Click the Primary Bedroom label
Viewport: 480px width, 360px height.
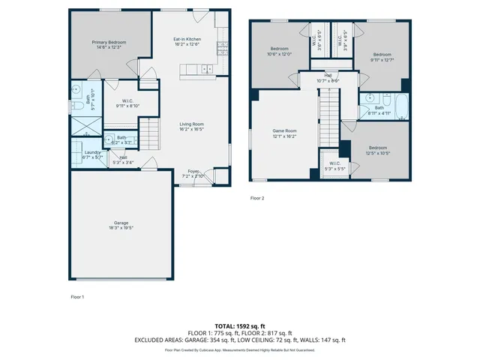[x=109, y=43]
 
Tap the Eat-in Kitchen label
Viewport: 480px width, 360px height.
[x=187, y=39]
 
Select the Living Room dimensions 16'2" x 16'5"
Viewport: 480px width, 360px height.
[x=191, y=129]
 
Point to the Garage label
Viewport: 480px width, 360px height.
[x=121, y=223]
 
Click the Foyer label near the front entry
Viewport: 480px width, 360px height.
[x=193, y=171]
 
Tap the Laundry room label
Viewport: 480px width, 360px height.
[x=92, y=152]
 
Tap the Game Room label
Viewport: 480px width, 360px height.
[x=284, y=130]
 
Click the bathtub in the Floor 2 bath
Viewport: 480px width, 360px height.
[x=400, y=108]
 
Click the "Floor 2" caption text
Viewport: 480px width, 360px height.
[x=257, y=199]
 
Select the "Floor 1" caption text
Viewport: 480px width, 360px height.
[x=77, y=297]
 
